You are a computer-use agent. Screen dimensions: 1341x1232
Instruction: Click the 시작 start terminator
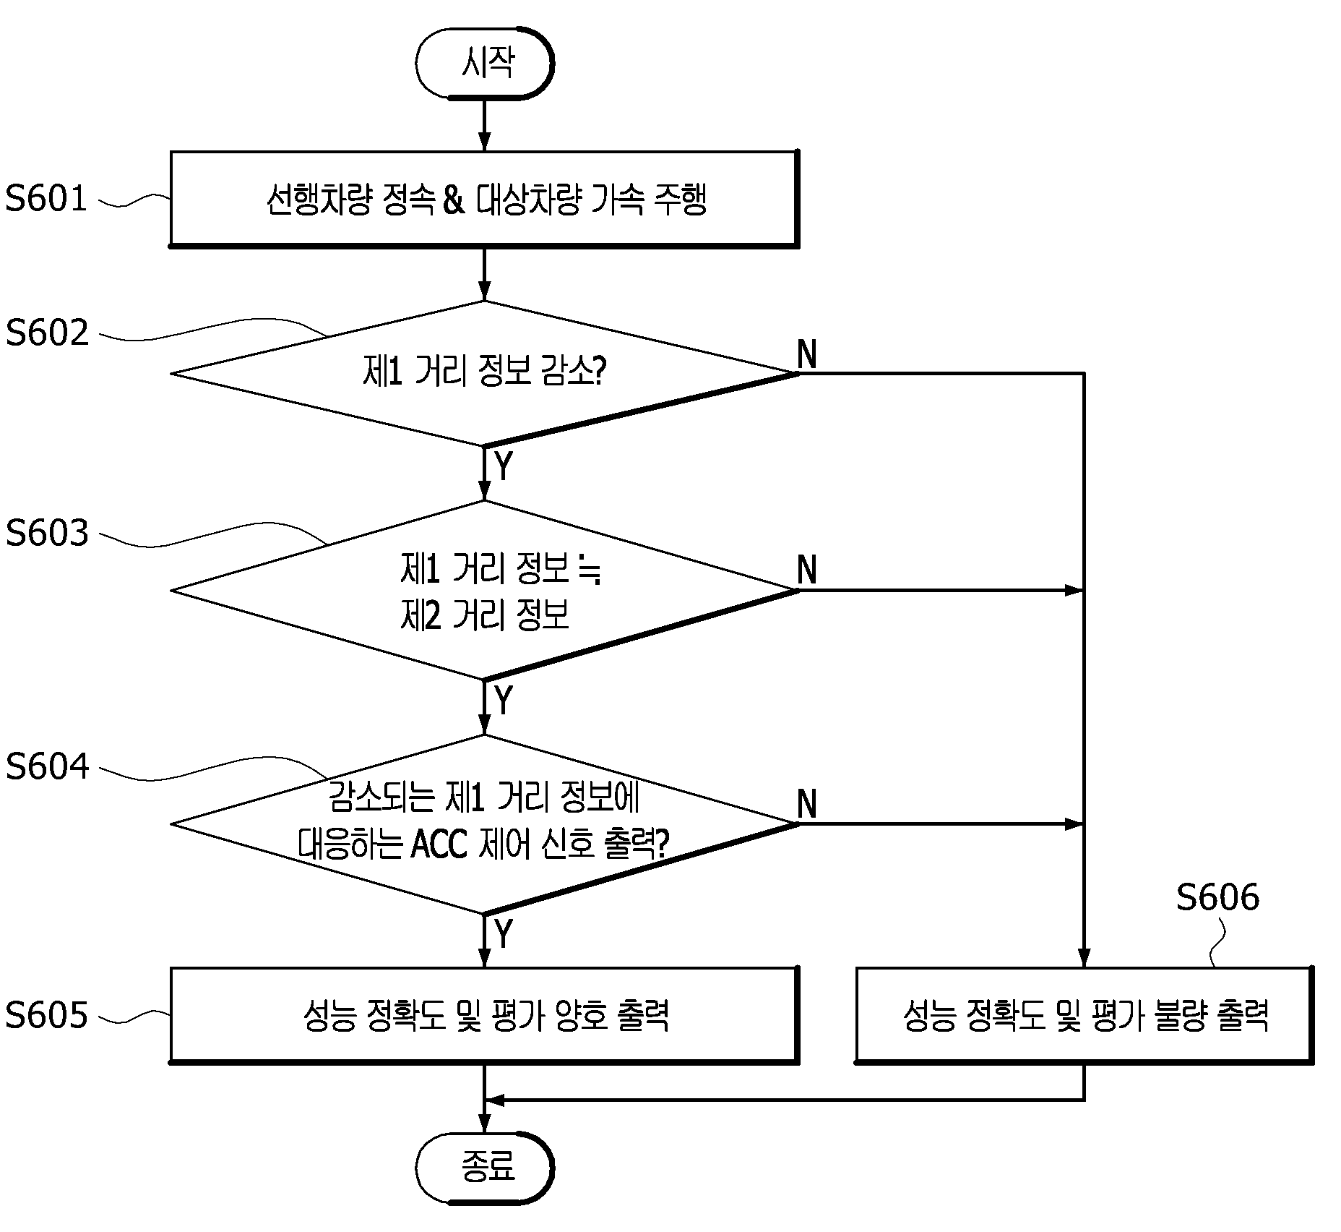(485, 64)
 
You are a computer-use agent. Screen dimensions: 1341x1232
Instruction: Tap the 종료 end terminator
(485, 1168)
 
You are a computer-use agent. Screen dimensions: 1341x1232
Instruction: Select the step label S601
(46, 198)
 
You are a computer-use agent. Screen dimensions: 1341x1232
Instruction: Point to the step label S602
(47, 332)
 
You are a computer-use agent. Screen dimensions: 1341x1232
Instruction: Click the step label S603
(47, 533)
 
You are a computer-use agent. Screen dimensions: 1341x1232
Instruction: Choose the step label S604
(47, 766)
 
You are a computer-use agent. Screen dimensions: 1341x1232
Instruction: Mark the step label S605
(46, 1015)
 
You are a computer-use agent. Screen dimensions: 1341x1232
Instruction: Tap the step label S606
(1217, 897)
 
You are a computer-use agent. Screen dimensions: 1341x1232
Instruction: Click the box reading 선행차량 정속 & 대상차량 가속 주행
(485, 199)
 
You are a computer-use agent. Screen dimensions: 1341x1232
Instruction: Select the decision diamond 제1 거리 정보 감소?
(485, 373)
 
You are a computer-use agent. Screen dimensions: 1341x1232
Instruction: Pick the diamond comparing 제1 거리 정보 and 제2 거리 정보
(485, 590)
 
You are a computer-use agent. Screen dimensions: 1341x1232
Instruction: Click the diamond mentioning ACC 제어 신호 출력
(485, 824)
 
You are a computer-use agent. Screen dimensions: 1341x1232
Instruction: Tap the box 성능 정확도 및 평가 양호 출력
(485, 1015)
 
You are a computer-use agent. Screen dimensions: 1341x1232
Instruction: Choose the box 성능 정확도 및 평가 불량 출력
(1085, 1015)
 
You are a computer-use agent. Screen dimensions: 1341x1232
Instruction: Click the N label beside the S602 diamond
(807, 354)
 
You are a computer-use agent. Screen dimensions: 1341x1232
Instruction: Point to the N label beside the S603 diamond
(807, 570)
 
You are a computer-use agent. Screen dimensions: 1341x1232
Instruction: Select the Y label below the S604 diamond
(504, 933)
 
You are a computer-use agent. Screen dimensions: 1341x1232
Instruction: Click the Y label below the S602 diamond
(504, 466)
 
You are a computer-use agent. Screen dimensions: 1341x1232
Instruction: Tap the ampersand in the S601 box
(453, 200)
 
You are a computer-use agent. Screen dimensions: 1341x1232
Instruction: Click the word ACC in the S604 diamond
(439, 844)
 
